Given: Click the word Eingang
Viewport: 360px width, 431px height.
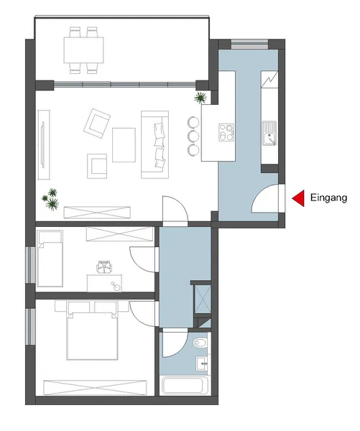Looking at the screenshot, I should click(x=328, y=197).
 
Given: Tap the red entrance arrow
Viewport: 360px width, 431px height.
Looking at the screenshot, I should click(x=295, y=198).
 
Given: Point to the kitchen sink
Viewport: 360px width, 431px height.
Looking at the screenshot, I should click(x=270, y=134).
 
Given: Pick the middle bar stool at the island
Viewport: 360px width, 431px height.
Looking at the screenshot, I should click(x=193, y=135).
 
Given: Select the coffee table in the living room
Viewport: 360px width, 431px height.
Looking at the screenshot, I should click(x=124, y=144).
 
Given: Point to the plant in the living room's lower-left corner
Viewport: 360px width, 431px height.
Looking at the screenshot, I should click(x=52, y=198).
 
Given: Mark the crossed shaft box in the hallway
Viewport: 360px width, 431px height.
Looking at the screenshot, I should click(x=202, y=300).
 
